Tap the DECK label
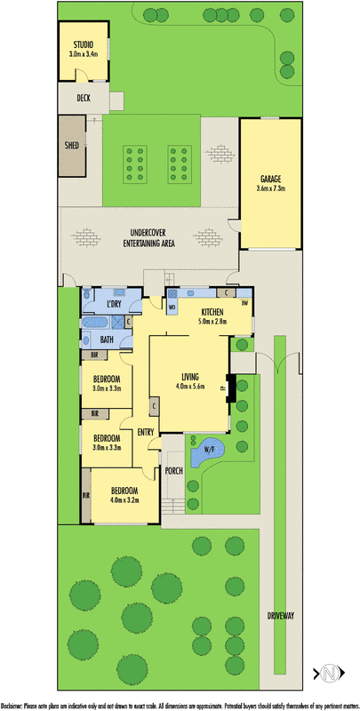pos(83,99)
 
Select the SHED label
pos(72,145)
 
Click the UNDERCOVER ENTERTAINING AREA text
pos(148,238)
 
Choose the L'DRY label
pos(114,305)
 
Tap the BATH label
pos(107,340)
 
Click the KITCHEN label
pos(213,316)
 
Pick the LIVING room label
pos(190,381)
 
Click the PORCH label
pos(173,470)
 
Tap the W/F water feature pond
pos(210,450)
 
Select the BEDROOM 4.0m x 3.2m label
pos(124,496)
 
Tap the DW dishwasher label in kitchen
pos(244,303)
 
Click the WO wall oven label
pos(172,308)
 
